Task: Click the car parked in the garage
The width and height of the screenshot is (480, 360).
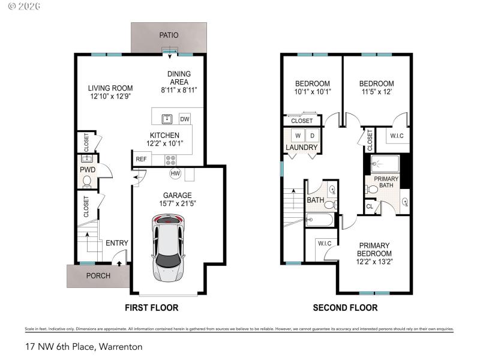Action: pos(168,250)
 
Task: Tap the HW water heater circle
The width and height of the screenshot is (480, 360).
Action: pos(176,173)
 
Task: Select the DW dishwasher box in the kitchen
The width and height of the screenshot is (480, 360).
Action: pos(184,118)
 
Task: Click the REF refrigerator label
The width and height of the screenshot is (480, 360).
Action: pos(141,159)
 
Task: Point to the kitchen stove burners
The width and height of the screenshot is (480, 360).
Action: pos(171,160)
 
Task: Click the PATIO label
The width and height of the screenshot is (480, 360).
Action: pos(169,35)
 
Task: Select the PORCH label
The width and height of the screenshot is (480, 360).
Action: pos(98,276)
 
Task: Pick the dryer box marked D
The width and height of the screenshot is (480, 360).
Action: pos(312,134)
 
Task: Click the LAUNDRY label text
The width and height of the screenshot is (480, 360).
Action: pos(301,148)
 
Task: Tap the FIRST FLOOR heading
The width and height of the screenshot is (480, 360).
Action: pos(151,308)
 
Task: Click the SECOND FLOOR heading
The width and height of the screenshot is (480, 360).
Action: pos(345,308)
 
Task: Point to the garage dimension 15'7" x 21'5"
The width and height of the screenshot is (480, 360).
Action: pos(178,204)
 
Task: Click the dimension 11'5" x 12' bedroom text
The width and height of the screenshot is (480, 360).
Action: pos(376,92)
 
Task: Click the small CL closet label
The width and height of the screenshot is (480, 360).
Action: pos(370,208)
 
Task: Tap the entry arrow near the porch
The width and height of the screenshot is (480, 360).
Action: pos(119,262)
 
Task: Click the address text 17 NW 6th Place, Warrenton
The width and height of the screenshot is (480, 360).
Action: pos(84,346)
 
